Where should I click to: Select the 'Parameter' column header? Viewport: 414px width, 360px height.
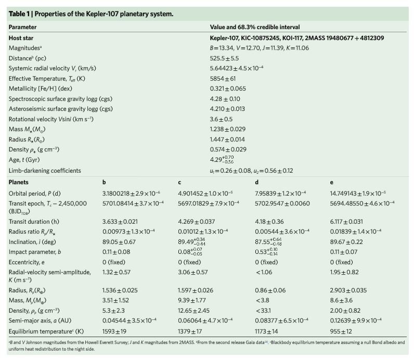pyautogui.click(x=22, y=27)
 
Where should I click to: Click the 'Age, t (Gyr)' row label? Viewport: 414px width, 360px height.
pyautogui.click(x=28, y=160)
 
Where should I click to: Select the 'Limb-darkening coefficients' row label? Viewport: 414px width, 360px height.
pyautogui.click(x=45, y=171)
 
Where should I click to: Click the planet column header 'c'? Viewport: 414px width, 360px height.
pyautogui.click(x=179, y=182)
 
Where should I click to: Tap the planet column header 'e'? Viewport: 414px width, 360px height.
pyautogui.click(x=331, y=182)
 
